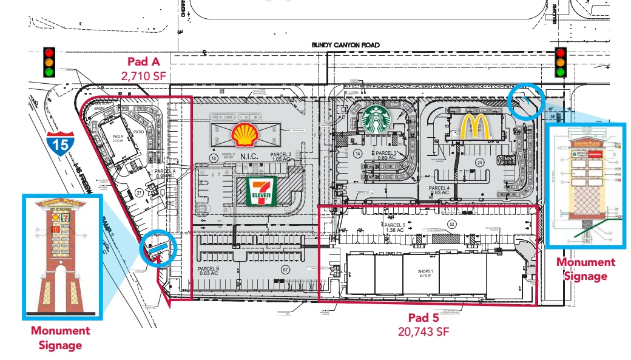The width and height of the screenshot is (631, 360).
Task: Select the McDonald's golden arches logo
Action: pyautogui.click(x=471, y=127)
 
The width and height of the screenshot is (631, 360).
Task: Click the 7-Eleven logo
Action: pyautogui.click(x=256, y=191)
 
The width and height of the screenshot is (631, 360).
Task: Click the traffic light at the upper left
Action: pyautogui.click(x=49, y=62)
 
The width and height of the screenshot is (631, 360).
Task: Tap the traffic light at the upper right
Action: pyautogui.click(x=561, y=62)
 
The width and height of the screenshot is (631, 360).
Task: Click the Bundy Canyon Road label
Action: pyautogui.click(x=345, y=45)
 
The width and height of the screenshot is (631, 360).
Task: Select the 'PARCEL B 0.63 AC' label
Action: pyautogui.click(x=208, y=271)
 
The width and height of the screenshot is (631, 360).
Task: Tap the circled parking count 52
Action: pyautogui.click(x=451, y=224)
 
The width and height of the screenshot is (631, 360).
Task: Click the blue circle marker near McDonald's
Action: pyautogui.click(x=525, y=100)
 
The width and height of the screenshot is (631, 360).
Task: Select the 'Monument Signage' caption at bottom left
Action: pyautogui.click(x=61, y=338)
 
